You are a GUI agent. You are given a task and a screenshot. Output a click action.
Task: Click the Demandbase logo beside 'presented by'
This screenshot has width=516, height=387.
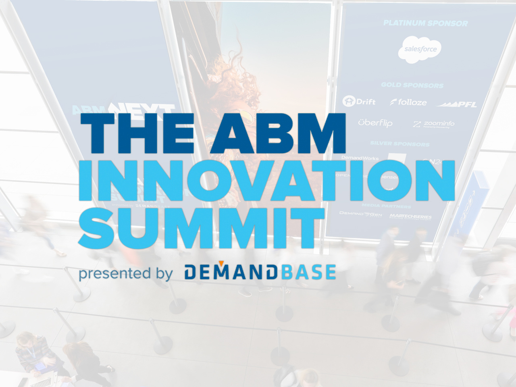pos(260,273)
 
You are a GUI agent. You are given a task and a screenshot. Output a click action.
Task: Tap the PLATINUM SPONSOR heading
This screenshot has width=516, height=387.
pos(425,23)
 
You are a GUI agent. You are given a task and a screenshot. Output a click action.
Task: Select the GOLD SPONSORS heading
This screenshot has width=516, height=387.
pos(412,85)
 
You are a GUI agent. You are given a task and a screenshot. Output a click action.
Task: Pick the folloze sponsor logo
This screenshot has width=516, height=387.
pos(408,102)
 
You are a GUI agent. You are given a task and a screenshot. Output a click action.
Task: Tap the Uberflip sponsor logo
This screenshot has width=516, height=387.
pos(375,123)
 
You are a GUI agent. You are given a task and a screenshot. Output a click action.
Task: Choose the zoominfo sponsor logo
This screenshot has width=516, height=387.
pos(434,124)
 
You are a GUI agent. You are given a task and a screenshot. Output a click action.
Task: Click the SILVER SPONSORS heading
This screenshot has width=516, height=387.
pos(399,144)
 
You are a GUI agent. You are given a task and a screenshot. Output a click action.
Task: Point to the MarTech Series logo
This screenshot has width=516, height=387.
pos(410,217)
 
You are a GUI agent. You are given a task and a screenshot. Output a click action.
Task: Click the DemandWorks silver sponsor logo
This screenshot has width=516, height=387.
pos(360,158)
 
